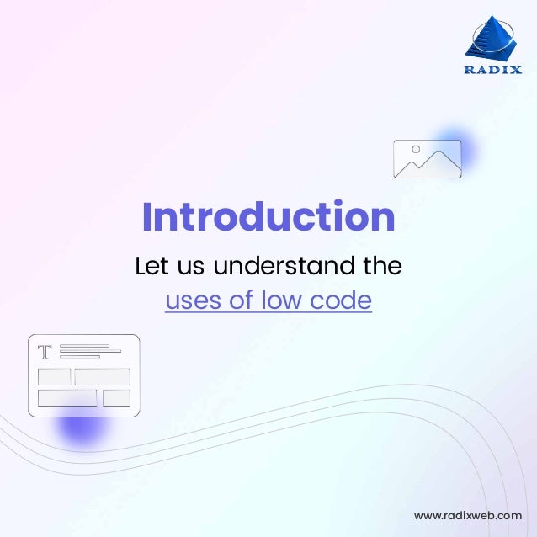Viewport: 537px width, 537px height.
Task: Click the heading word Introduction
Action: [268, 217]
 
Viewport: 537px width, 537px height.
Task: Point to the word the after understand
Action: [381, 267]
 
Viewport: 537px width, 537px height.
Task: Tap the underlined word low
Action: [282, 300]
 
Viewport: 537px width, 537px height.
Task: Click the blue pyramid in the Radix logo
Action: [492, 39]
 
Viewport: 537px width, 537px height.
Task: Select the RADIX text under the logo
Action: [492, 70]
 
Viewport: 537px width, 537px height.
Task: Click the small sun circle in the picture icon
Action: [415, 150]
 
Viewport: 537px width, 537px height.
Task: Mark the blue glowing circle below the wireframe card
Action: [80, 428]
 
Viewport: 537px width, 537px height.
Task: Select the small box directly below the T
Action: [54, 376]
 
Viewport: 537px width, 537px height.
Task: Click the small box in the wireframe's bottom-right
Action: [116, 397]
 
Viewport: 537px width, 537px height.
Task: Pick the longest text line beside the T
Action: [90, 351]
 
